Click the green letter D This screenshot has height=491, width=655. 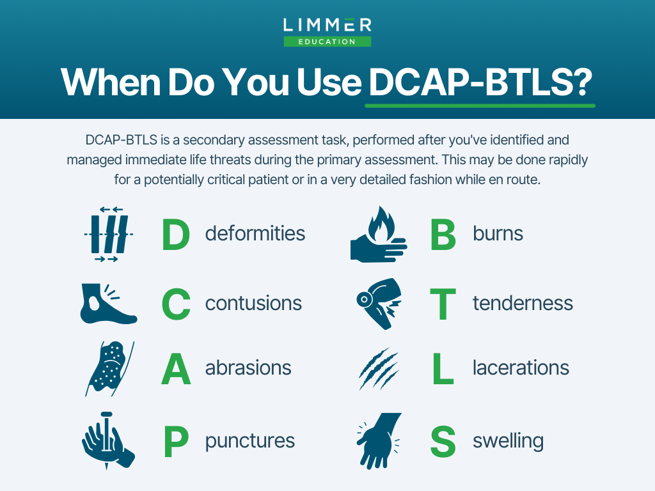click(x=176, y=235)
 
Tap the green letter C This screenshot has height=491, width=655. click(x=176, y=304)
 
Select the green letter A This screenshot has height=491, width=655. click(x=176, y=368)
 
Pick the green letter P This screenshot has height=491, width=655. click(x=176, y=441)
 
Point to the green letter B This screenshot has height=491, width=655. click(x=443, y=235)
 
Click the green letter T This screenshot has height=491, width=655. click(x=443, y=304)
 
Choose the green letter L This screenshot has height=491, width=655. click(x=443, y=368)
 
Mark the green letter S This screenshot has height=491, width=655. click(x=443, y=441)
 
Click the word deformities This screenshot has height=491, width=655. click(x=255, y=233)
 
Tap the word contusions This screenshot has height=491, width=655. click(x=253, y=304)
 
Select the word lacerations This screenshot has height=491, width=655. click(x=521, y=368)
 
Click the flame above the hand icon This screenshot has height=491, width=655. click(x=381, y=224)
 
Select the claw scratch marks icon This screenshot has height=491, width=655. click(x=379, y=369)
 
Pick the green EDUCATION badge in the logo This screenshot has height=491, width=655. click(x=327, y=42)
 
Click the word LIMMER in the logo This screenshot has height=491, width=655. click(x=327, y=25)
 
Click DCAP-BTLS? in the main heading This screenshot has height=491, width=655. click(x=480, y=82)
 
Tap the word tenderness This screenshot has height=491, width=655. click(x=523, y=304)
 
